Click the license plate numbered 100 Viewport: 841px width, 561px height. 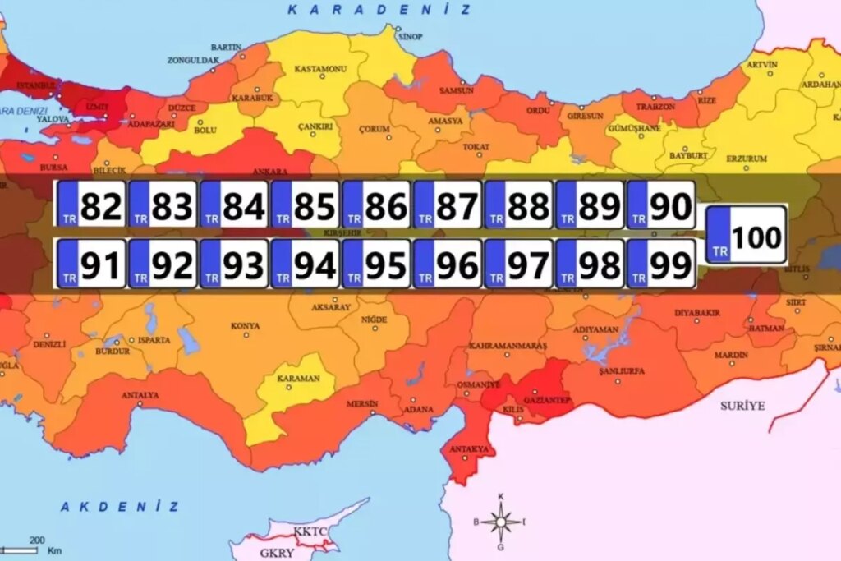(747, 235)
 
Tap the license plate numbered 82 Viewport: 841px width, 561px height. (91, 205)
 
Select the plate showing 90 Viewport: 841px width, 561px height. (661, 205)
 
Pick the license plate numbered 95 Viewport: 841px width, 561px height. (376, 264)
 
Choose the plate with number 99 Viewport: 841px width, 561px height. (661, 264)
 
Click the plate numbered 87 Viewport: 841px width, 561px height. (448, 205)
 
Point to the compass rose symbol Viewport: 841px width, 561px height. (500, 521)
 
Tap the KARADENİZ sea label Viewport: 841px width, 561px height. (379, 10)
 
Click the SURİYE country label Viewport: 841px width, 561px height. (742, 406)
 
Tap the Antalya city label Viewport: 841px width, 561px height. (140, 395)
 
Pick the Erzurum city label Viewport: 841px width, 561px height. (747, 159)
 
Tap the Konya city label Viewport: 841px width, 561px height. (245, 325)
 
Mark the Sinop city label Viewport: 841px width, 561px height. (410, 37)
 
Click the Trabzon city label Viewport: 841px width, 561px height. (656, 107)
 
